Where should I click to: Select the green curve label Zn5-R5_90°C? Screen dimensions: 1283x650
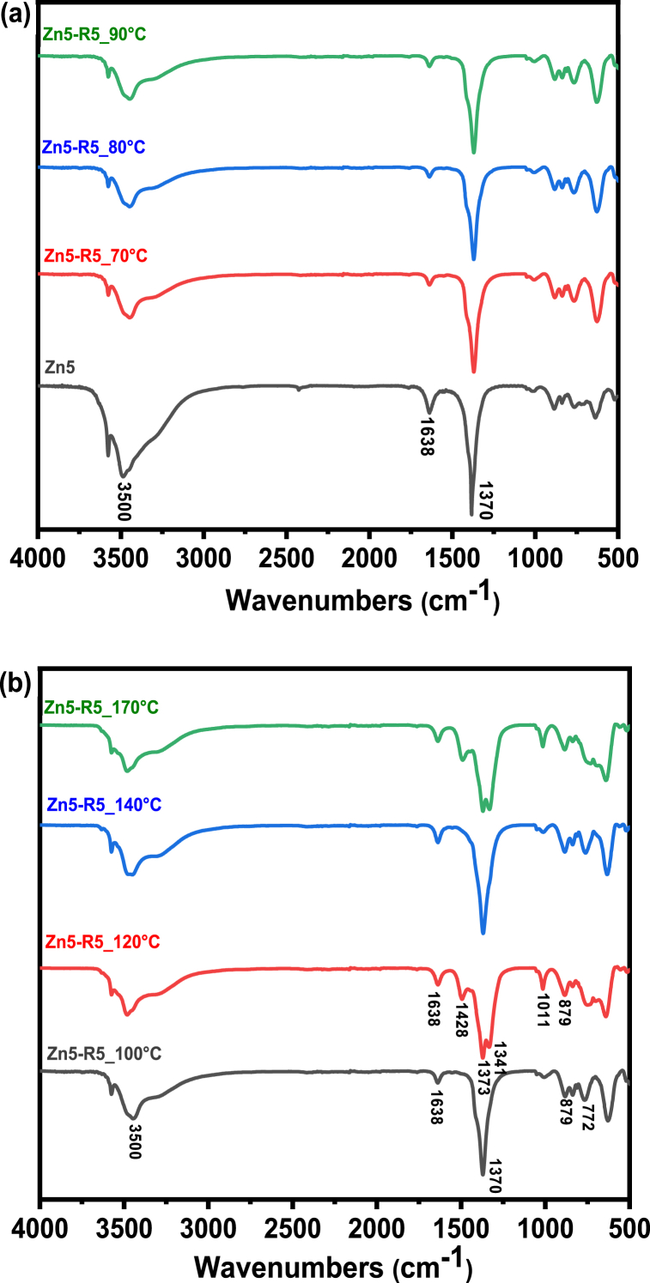pyautogui.click(x=94, y=37)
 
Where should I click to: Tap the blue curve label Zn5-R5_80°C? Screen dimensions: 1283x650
pyautogui.click(x=94, y=148)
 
